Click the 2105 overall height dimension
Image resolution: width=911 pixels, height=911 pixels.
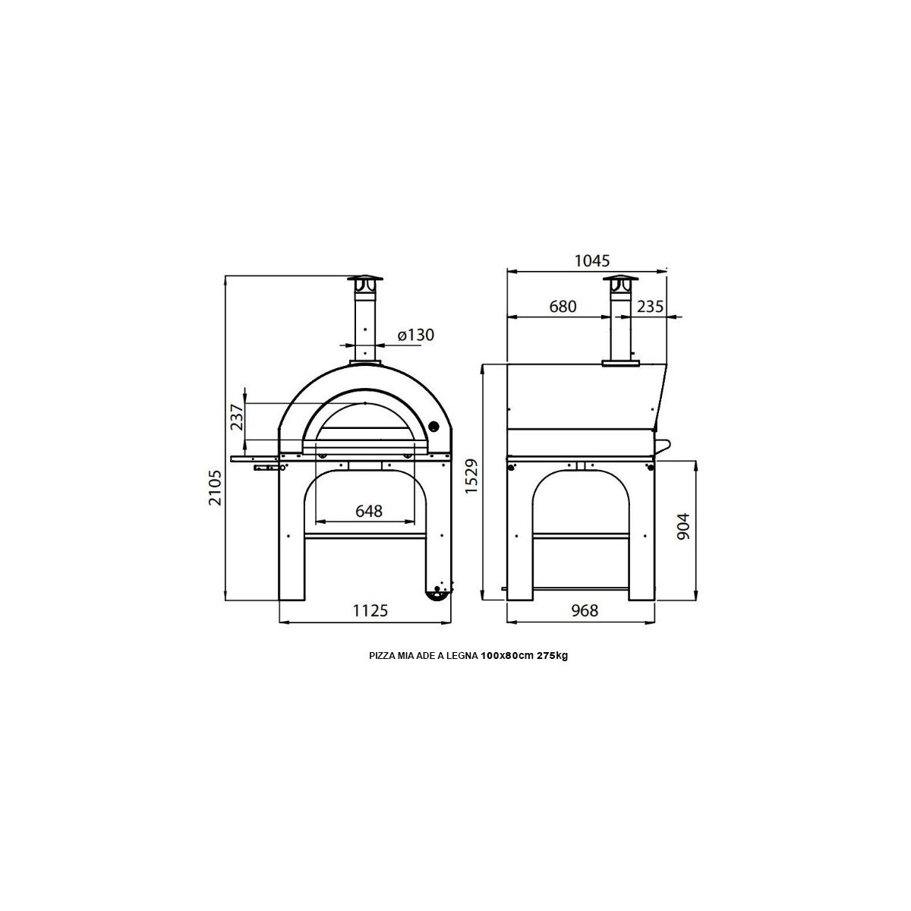pyautogui.click(x=216, y=487)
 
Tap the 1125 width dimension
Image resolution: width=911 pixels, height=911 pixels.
pyautogui.click(x=370, y=610)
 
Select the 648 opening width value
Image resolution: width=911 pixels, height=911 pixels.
pyautogui.click(x=369, y=511)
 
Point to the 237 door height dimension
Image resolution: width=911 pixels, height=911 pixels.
pyautogui.click(x=237, y=417)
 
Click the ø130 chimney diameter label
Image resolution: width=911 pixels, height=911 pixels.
pyautogui.click(x=415, y=335)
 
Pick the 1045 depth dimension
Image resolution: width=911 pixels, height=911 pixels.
pyautogui.click(x=592, y=260)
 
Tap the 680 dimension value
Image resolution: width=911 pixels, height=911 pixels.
pyautogui.click(x=563, y=307)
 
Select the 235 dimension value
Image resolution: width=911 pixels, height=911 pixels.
pyautogui.click(x=650, y=307)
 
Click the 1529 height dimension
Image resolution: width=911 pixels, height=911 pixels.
pyautogui.click(x=471, y=476)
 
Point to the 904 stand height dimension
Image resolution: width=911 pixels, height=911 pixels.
pyautogui.click(x=683, y=526)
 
